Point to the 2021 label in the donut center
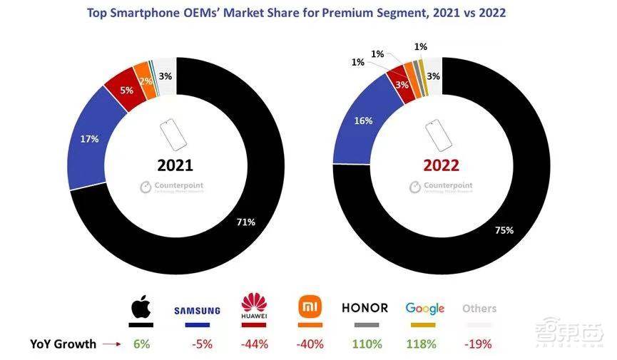[175, 165]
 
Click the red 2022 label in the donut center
[442, 165]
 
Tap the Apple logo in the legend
[141, 308]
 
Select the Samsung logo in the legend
[198, 311]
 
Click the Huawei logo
[254, 307]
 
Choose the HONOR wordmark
[364, 308]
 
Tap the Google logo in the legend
[425, 308]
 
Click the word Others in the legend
[479, 309]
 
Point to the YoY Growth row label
[63, 344]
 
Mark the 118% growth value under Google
[425, 344]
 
